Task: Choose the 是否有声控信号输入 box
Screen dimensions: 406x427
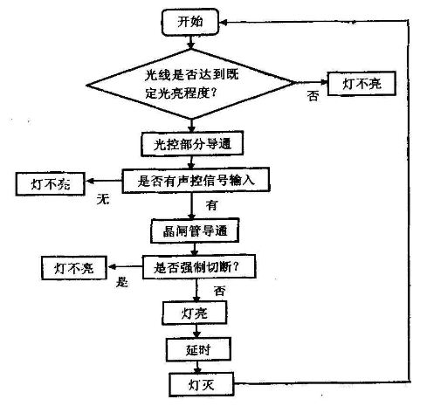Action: [x=193, y=182]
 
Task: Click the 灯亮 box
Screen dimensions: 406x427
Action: [x=189, y=312]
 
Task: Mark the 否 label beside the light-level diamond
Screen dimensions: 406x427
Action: [x=313, y=97]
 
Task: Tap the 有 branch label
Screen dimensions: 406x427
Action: [x=210, y=205]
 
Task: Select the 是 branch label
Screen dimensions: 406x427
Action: [x=121, y=282]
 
